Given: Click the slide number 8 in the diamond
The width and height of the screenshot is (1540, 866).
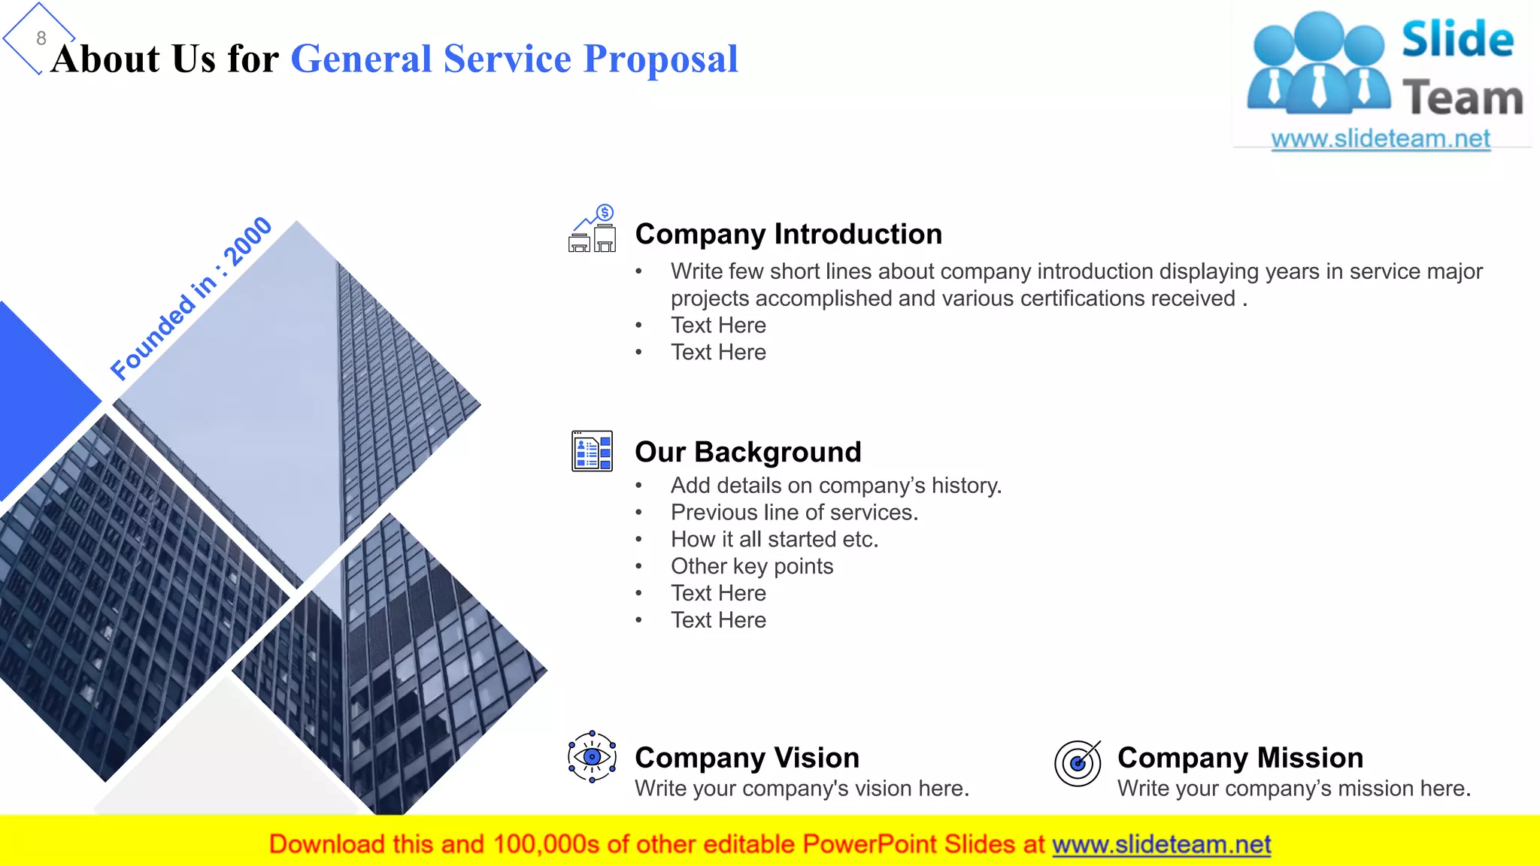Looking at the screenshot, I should (41, 38).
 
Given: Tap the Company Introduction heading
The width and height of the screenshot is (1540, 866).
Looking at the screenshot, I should (788, 234).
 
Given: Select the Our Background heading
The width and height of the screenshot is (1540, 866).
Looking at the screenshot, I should (747, 452).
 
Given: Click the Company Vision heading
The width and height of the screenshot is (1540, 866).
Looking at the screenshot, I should (747, 758).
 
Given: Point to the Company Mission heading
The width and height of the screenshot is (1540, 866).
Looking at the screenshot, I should (1240, 758).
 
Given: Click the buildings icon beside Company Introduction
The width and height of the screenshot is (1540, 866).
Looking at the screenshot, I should (593, 229).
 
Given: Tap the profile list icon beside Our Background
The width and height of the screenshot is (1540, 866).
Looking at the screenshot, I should (592, 451).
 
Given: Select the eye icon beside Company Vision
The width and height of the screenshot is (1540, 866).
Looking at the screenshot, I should (592, 756).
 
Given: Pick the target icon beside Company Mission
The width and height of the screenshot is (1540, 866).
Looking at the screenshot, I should (1078, 762).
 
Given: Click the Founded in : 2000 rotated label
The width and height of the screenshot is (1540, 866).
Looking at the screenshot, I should (191, 298).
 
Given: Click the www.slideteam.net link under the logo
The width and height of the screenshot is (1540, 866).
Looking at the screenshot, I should (1381, 138).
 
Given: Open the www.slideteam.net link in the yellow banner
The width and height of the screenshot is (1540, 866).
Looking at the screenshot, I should (1161, 844).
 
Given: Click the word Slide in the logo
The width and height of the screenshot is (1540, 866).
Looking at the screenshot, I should (1457, 39).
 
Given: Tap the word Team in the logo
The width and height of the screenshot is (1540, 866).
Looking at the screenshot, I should (1463, 98).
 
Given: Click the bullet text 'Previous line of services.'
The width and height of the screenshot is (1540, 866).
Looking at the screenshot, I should (794, 513).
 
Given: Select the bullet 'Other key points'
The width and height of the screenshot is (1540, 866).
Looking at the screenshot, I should (752, 567).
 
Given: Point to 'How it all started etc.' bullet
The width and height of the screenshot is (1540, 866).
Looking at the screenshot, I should (775, 540).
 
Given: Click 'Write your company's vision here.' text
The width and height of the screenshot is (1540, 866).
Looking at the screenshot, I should (802, 789).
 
